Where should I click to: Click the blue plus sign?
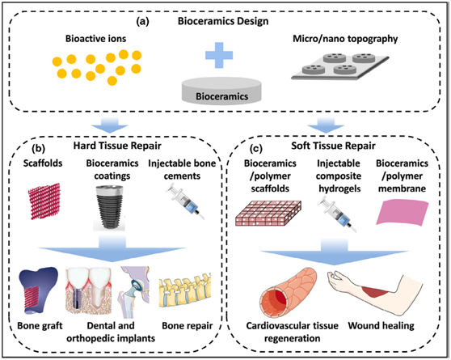point(219,55)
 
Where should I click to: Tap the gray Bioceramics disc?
point(221,91)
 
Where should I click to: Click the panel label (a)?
point(143,22)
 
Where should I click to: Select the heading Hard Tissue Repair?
point(117,146)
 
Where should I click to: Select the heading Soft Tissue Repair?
point(333,146)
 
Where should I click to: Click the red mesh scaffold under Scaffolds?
point(44,201)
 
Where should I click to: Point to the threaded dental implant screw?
point(109,206)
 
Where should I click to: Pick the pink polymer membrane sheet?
point(403,213)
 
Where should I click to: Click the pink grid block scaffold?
point(268,213)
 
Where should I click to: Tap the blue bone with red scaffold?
point(37,290)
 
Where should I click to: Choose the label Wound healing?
point(381,326)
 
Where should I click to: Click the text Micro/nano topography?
point(345,39)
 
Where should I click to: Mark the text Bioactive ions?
point(96,39)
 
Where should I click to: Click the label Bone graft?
point(40,326)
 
